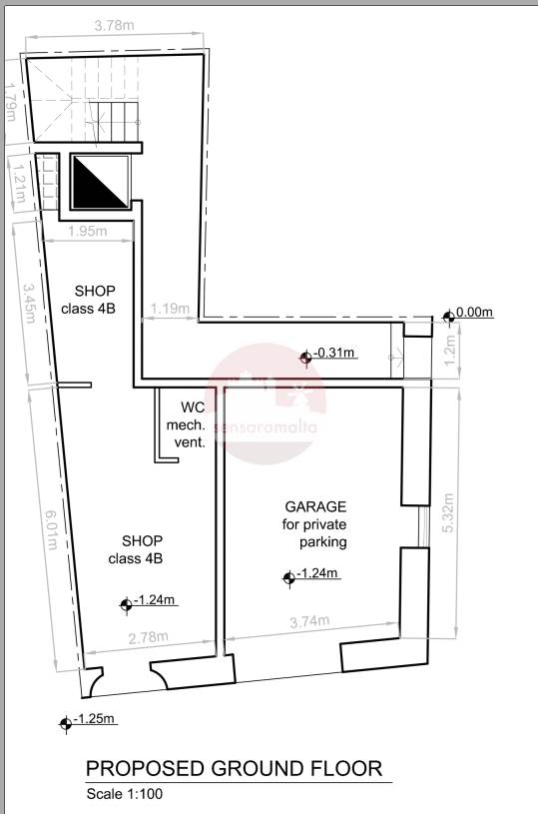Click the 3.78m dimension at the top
click(x=114, y=25)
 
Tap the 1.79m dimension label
click(x=10, y=102)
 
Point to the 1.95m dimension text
click(x=88, y=231)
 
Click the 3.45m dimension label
click(x=30, y=303)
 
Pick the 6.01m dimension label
click(x=52, y=530)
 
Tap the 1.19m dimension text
click(x=170, y=309)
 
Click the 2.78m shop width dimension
click(x=149, y=637)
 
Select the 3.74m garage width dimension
click(x=309, y=621)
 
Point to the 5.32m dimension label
click(x=449, y=512)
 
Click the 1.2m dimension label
click(x=450, y=350)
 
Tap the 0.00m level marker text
click(x=474, y=313)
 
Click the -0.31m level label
click(x=334, y=353)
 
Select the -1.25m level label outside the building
click(x=95, y=719)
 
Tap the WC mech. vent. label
click(x=187, y=425)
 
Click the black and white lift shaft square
click(x=100, y=182)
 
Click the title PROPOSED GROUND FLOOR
click(x=234, y=768)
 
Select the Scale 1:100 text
click(x=125, y=794)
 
